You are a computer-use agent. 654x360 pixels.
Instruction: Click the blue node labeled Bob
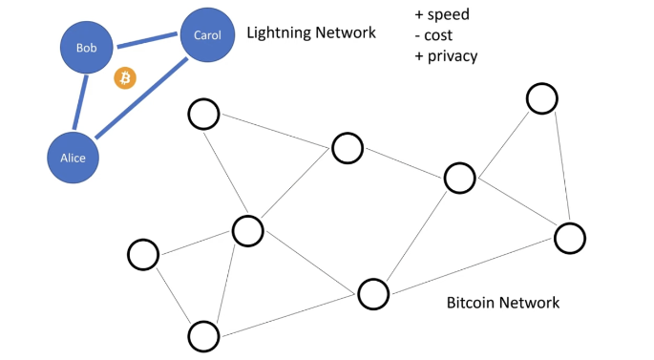click(87, 47)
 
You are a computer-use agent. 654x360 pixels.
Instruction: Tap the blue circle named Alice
click(74, 158)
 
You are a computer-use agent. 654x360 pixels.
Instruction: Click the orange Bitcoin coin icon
click(125, 78)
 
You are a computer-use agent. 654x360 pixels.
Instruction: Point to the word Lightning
click(281, 33)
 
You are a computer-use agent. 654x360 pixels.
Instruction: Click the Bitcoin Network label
click(502, 304)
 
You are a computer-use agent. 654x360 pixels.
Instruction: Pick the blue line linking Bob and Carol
click(146, 41)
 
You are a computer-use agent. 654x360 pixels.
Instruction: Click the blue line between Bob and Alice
click(81, 102)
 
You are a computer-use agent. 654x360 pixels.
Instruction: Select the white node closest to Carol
click(202, 115)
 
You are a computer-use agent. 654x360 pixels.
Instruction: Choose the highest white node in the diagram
click(541, 97)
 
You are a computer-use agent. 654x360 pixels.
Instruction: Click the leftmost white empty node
click(142, 255)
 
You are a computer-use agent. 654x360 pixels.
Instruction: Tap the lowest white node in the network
click(202, 335)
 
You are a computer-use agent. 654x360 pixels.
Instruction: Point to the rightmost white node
click(569, 238)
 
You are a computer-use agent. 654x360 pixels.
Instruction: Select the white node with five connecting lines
click(247, 230)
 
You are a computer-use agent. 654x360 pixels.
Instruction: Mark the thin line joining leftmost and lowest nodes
click(173, 295)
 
